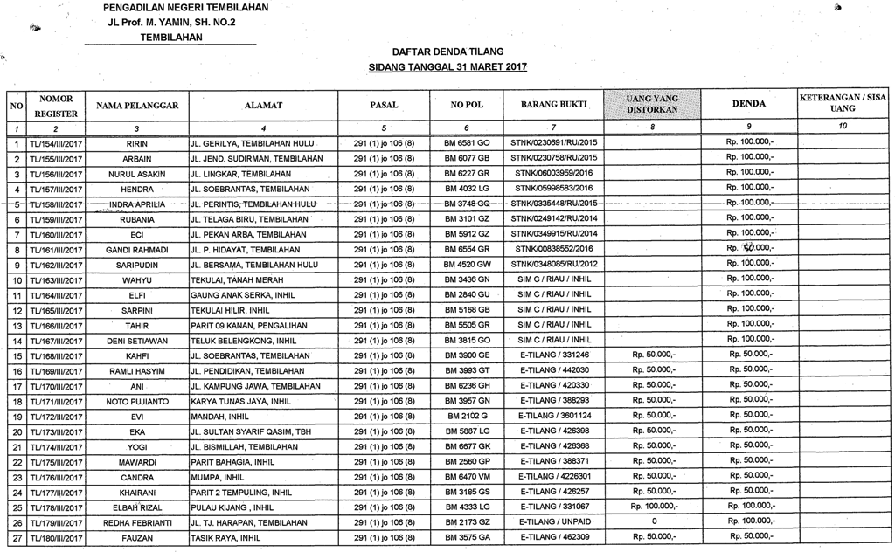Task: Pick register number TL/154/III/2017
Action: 56,142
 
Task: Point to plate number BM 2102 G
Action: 466,416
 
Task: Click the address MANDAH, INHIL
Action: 219,416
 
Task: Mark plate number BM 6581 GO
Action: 467,142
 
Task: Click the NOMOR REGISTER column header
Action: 56,105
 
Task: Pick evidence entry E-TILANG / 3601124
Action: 554,416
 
